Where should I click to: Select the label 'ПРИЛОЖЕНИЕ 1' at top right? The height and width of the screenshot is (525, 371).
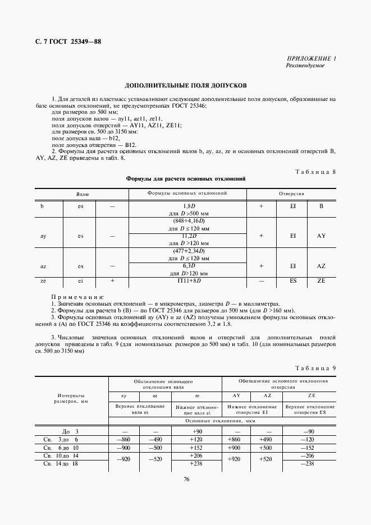(311, 59)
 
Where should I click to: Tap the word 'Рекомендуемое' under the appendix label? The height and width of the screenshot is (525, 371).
(305, 66)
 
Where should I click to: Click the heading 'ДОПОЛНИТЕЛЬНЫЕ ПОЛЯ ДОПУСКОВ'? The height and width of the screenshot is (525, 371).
(185, 87)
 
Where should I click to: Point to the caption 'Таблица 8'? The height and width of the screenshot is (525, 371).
(315, 172)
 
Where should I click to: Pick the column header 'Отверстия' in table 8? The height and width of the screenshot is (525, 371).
(292, 194)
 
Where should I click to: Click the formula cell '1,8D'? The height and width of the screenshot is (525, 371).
(189, 206)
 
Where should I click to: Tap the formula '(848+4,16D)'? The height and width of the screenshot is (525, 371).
(189, 222)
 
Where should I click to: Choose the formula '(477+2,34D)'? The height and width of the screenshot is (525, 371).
(189, 252)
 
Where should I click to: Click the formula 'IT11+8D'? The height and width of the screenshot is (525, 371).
(189, 280)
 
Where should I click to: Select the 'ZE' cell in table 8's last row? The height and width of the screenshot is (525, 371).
(321, 280)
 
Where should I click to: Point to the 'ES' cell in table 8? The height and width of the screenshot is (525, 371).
(293, 280)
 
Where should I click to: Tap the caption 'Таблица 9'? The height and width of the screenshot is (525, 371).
(315, 368)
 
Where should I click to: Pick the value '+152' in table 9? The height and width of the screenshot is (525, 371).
(196, 448)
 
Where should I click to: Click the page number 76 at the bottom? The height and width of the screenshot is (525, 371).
(185, 478)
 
